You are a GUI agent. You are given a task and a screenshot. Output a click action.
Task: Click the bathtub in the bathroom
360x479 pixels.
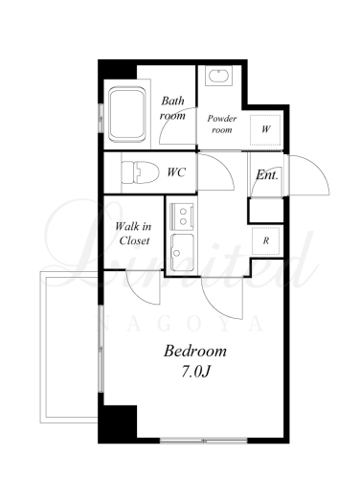coord(126,114)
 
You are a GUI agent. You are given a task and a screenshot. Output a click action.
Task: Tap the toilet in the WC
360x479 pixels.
coord(141,172)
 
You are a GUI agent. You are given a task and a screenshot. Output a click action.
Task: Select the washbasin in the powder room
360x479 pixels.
coord(218,76)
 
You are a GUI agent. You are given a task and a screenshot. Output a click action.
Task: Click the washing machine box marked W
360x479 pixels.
coord(265,129)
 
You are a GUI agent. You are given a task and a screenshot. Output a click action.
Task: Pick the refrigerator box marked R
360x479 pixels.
coord(266,240)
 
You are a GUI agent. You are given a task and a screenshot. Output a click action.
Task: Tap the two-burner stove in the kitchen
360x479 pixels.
coord(182,217)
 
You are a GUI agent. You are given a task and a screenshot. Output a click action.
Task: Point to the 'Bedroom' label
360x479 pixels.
coord(195,351)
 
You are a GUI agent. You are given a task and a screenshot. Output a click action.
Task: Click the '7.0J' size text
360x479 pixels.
coord(195,372)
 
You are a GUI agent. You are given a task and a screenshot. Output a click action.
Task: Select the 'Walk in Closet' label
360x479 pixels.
coord(134,234)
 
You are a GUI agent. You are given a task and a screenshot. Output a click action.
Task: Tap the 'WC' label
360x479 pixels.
coord(176,172)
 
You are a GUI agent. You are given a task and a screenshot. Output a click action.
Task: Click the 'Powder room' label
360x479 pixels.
coord(222,124)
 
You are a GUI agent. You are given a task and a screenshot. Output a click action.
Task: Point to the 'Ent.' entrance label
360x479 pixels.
coord(267,175)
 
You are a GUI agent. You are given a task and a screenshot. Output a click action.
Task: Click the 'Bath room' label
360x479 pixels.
coord(172,108)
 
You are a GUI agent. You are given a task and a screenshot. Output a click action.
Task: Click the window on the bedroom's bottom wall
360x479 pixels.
coord(204,441)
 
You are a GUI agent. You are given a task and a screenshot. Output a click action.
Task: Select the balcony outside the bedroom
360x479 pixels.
coord(69,347)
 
